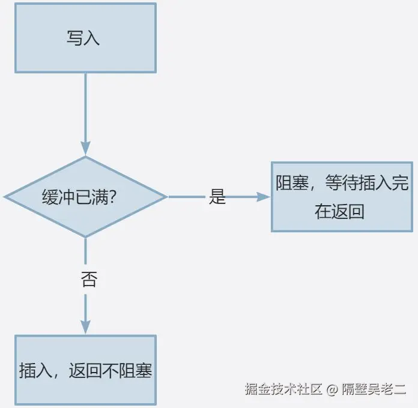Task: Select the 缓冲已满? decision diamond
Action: coord(85,197)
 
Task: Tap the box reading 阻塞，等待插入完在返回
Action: coord(342,197)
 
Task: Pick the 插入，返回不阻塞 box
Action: coord(85,370)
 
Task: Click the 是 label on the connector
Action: coord(217,197)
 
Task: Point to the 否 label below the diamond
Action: coord(88,280)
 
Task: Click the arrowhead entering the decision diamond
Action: coord(85,148)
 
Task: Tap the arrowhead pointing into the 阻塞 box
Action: coord(263,197)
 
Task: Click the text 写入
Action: coord(83,38)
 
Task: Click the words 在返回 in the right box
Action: coord(340,212)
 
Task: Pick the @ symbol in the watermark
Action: coord(332,389)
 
